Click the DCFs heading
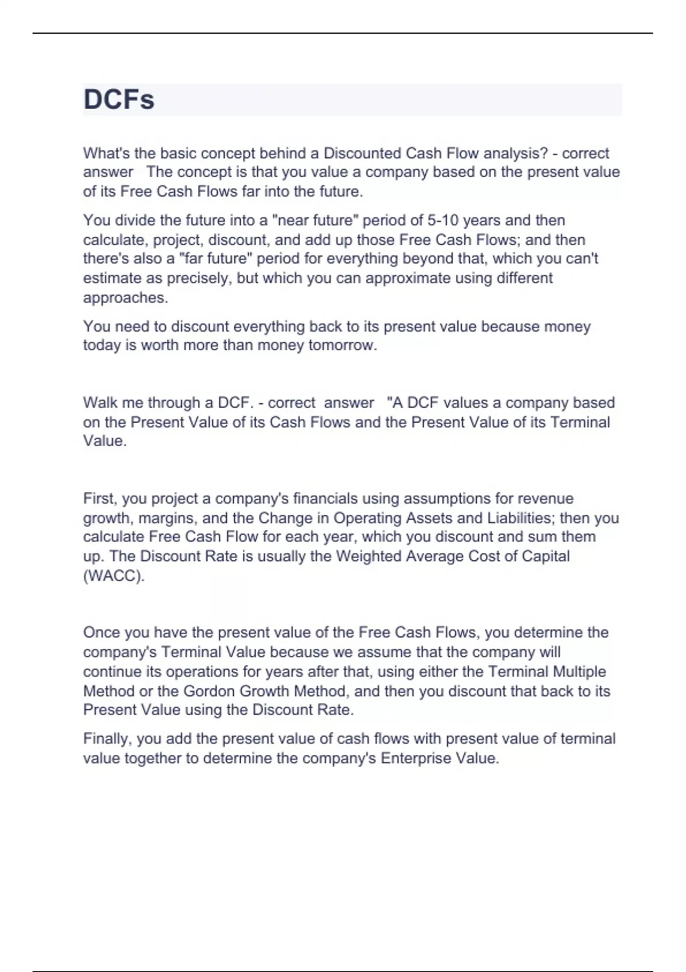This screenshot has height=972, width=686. click(x=119, y=99)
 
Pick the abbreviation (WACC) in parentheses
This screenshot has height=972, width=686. click(x=114, y=575)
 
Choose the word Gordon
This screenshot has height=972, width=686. click(x=209, y=691)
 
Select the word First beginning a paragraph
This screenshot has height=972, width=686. click(x=100, y=499)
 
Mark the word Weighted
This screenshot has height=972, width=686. click(x=368, y=556)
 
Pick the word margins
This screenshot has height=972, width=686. click(x=166, y=518)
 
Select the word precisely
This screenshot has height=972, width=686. click(x=197, y=278)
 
